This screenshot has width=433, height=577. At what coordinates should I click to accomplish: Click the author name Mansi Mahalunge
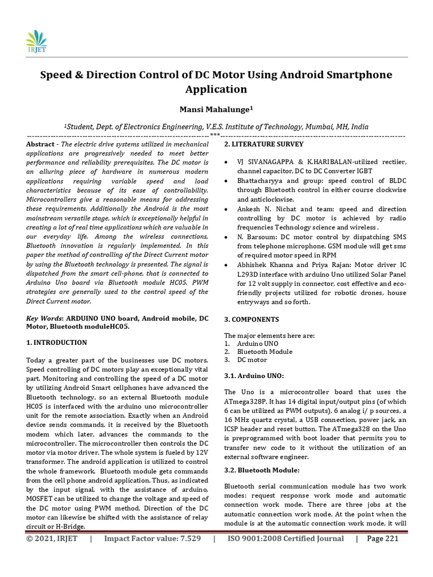coord(216,110)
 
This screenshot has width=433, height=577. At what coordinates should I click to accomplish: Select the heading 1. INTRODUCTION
coord(57,343)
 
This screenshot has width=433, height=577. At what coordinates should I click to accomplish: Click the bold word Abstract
coord(41,145)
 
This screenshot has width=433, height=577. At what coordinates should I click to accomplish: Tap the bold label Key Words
coord(45,318)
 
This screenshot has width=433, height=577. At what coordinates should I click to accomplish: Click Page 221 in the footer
coord(383,539)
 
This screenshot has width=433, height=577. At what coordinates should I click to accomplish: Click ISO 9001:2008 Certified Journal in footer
coord(285,539)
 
